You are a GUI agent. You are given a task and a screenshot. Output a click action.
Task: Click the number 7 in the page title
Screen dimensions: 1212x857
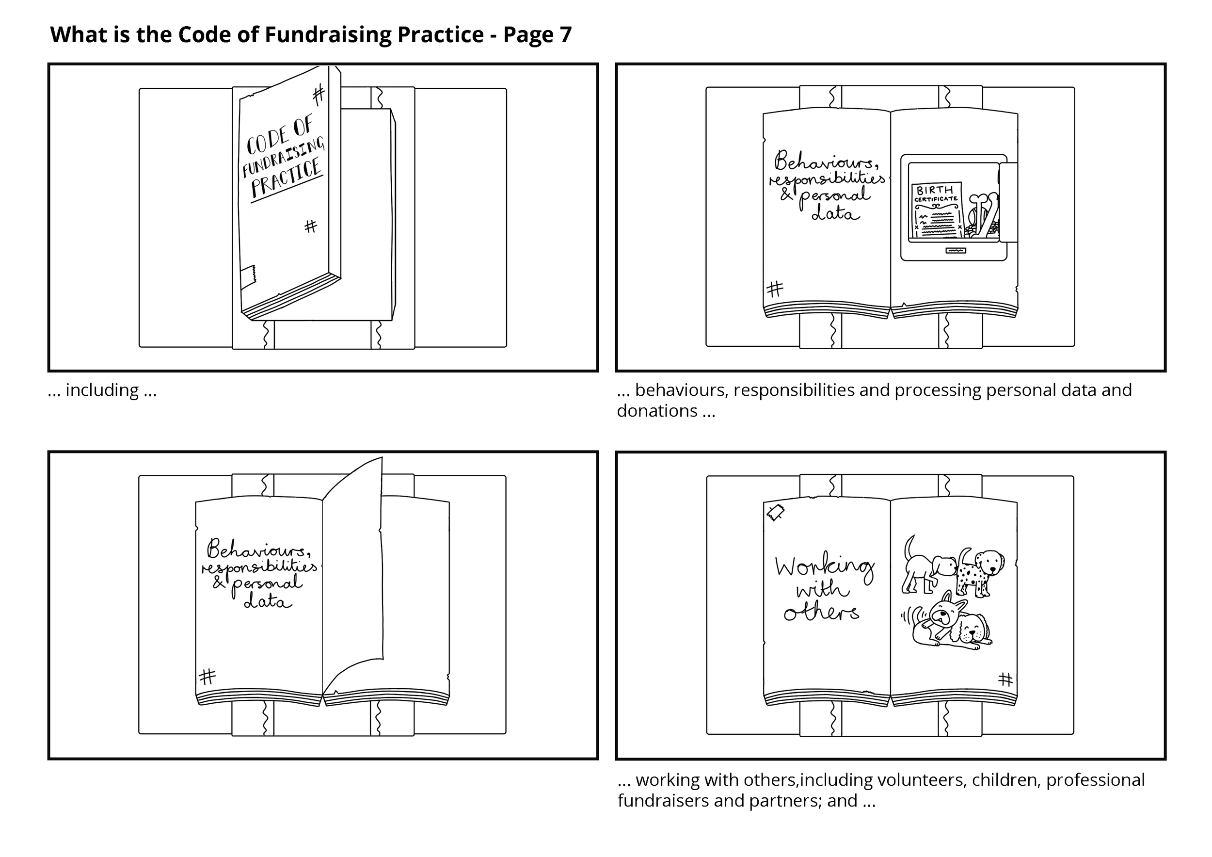coord(565,35)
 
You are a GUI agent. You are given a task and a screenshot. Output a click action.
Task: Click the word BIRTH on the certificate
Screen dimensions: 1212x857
coord(935,190)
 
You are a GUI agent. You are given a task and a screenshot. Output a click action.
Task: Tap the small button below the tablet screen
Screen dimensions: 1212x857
coord(956,250)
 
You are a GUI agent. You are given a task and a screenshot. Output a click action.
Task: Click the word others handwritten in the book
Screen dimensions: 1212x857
coord(821,613)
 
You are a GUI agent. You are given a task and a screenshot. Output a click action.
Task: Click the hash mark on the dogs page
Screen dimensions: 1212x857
coord(1005,679)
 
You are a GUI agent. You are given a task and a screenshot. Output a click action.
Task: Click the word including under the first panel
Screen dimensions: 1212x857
coord(102,390)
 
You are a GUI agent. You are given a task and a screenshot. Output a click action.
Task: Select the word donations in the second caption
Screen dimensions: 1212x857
coord(657,411)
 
